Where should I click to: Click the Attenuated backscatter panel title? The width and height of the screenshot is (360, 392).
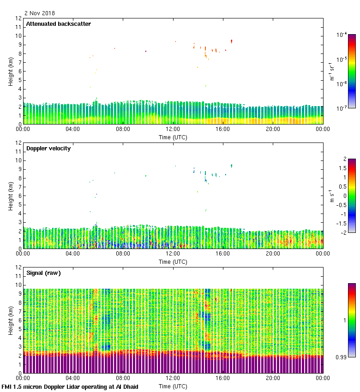[x=59, y=24]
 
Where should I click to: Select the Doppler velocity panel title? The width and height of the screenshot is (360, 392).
[x=48, y=148]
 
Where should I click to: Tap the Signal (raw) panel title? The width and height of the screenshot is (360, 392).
[x=43, y=273]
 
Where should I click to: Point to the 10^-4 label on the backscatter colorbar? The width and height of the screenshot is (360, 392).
[x=342, y=35]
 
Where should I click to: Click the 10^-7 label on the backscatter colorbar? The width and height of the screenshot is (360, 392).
[x=342, y=108]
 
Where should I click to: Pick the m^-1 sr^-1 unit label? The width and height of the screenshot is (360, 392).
[x=332, y=71]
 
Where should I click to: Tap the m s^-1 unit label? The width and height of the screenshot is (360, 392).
[x=332, y=196]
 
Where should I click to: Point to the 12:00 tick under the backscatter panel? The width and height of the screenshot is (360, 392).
[x=173, y=130]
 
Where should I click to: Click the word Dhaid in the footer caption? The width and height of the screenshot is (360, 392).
[x=130, y=386]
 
